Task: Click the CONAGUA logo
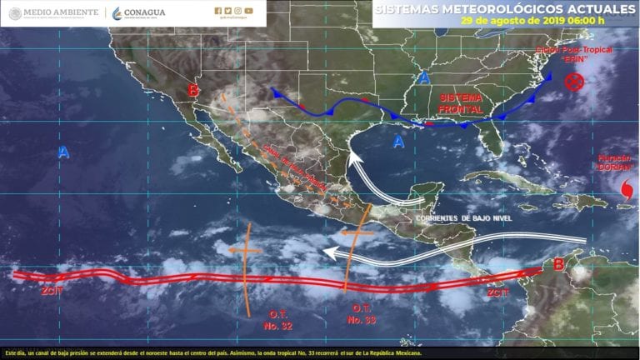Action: click(138, 12)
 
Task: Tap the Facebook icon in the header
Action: click(217, 11)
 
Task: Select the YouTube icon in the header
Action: click(249, 11)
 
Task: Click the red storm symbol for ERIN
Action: click(572, 82)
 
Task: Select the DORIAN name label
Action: click(616, 166)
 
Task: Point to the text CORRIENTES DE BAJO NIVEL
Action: click(462, 217)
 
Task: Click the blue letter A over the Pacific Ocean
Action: click(64, 152)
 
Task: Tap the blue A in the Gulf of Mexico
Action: click(399, 142)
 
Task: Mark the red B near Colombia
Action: click(559, 264)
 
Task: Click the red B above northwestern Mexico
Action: click(192, 90)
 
